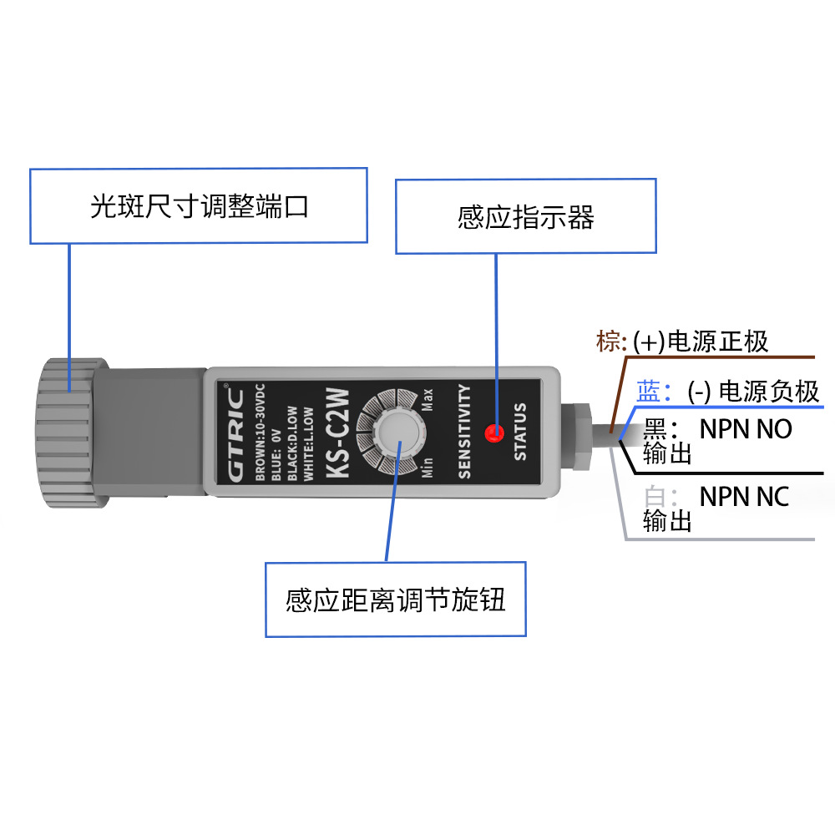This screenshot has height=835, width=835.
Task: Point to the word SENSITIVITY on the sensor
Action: [465, 432]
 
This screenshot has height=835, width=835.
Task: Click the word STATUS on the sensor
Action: [520, 432]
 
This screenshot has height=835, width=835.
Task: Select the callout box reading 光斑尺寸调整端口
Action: [199, 206]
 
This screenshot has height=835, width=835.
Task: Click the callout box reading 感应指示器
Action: [526, 216]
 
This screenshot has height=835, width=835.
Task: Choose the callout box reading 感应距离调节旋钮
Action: [396, 600]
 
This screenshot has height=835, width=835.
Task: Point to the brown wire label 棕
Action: [608, 341]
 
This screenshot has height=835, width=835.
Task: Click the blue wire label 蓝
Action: [649, 390]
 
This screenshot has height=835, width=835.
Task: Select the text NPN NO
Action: [745, 429]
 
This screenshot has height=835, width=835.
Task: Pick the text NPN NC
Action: [744, 496]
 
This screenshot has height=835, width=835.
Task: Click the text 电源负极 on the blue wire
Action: [769, 391]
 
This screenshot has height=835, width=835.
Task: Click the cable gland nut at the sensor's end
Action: [574, 434]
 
